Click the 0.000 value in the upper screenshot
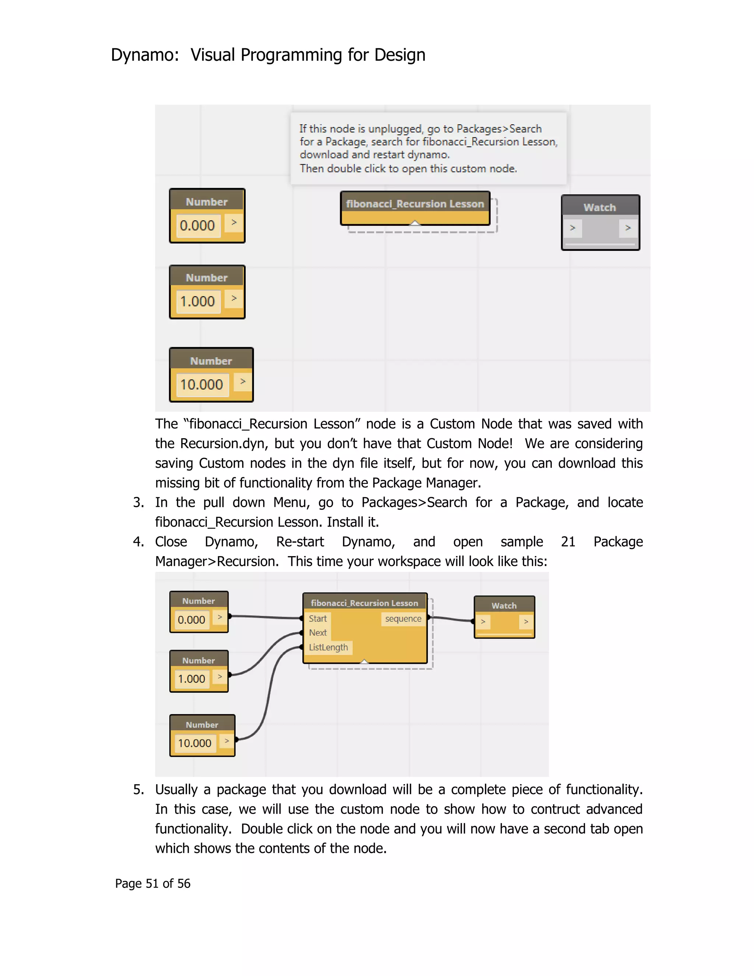coord(197,225)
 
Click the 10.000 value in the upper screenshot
coord(201,384)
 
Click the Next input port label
coord(318,633)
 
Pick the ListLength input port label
coord(328,647)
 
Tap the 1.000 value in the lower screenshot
coord(191,679)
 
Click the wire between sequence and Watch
coord(451,619)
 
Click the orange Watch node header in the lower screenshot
coord(504,605)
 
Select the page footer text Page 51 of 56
coord(152,884)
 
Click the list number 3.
coord(138,502)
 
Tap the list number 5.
coord(138,790)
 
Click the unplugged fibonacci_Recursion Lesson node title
coord(415,204)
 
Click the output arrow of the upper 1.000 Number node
coord(234,299)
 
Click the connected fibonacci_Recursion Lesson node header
coord(364,603)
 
